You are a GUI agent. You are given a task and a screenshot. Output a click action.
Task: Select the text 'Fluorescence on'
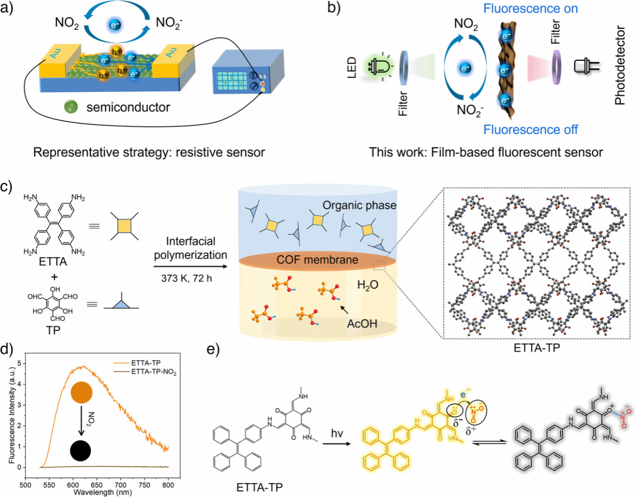pos(530,9)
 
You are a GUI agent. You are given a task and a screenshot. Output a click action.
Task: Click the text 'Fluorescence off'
pos(530,129)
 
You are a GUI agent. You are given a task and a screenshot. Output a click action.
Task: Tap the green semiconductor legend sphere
pos(71,107)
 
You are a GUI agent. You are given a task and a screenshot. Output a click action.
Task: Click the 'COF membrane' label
pos(317,260)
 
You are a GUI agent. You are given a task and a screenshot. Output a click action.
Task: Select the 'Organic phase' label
pos(359,205)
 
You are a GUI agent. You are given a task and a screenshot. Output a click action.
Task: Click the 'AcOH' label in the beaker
pos(362,323)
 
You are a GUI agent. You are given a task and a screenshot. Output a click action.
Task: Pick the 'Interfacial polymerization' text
pos(191,248)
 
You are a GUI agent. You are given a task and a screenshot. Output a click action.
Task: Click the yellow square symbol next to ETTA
pos(125,225)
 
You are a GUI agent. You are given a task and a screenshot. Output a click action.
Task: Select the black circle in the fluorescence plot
pos(80,451)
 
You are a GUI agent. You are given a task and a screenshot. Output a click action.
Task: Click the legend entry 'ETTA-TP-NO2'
pos(153,372)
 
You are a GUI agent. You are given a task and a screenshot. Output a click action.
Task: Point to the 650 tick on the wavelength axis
pos(96,484)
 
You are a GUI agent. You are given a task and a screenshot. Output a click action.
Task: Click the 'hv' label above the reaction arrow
pos(337,433)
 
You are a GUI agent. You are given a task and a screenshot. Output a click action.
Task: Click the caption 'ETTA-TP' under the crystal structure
pos(536,347)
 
